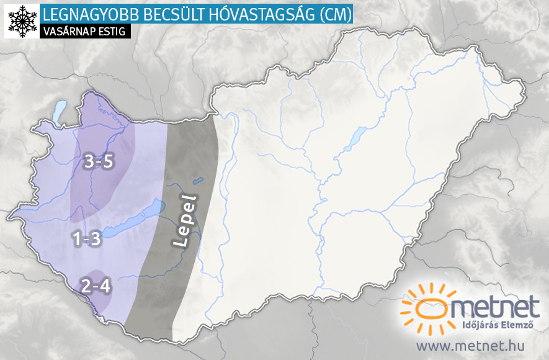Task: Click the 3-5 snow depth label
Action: click(99, 163)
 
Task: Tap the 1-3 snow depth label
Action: click(86, 240)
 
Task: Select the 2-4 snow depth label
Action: click(96, 287)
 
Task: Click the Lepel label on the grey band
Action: click(185, 222)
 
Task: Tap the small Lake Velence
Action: click(197, 181)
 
